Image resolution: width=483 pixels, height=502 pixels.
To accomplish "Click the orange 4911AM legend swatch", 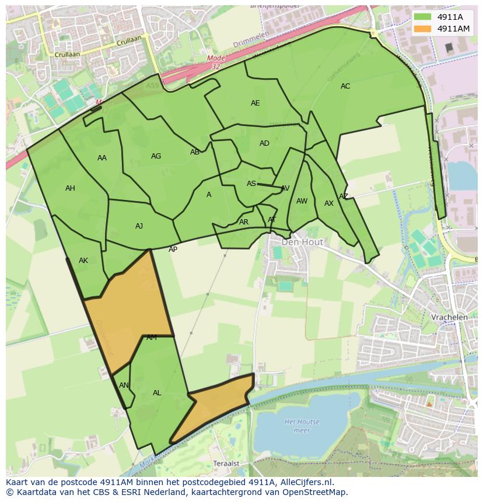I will click(x=423, y=29).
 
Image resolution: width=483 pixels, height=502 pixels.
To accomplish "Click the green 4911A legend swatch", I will click(x=423, y=17).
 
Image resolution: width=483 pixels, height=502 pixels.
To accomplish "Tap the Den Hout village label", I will click(x=302, y=241).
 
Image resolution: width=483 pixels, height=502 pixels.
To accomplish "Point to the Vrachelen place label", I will click(x=449, y=317).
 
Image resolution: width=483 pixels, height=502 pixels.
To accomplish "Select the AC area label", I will click(x=345, y=86).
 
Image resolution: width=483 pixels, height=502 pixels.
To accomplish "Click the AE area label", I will click(x=255, y=103).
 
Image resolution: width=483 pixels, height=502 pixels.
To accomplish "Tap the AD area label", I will click(x=264, y=143).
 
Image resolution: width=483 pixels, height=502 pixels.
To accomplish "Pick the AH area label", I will click(x=70, y=188).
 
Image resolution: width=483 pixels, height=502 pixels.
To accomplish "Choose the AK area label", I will click(x=83, y=261).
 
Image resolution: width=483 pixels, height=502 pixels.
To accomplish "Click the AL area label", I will click(x=157, y=393).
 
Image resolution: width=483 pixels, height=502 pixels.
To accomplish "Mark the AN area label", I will click(x=124, y=385).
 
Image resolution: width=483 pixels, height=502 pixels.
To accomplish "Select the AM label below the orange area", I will click(x=152, y=338).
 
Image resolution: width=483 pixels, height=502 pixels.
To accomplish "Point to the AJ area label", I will click(x=139, y=226).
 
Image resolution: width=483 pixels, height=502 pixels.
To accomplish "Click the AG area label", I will click(x=156, y=156).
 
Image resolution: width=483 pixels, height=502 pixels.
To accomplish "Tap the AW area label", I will click(x=302, y=201).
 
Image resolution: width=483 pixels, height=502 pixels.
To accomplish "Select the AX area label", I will click(x=329, y=203).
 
